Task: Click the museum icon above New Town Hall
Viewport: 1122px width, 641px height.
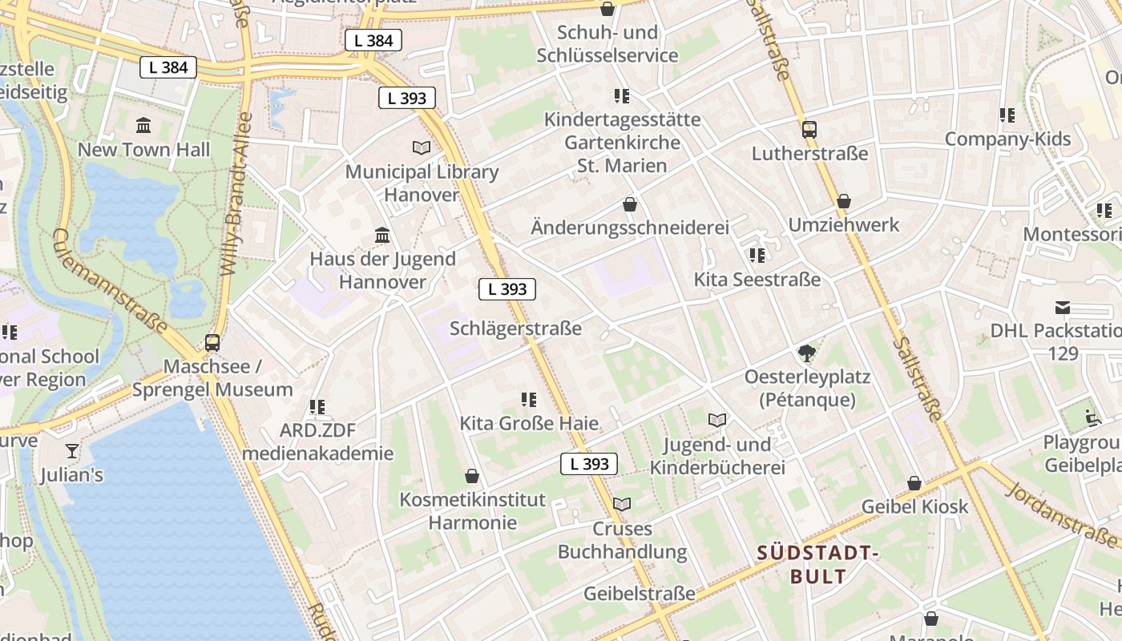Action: [x=143, y=125]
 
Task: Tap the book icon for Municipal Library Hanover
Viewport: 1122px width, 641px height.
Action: [x=422, y=147]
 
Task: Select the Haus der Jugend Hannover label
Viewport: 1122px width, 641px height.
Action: [x=382, y=270]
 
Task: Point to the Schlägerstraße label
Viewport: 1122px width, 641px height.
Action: [x=515, y=329]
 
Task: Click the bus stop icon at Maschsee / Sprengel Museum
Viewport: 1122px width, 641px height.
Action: [x=212, y=342]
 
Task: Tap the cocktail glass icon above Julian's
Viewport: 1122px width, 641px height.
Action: [x=72, y=451]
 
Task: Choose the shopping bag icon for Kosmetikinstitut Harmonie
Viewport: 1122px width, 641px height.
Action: [x=472, y=476]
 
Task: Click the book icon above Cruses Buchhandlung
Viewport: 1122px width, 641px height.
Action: [x=622, y=504]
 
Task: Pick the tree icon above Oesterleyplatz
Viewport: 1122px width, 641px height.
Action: [x=807, y=353]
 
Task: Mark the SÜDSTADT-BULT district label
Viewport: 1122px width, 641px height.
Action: [x=818, y=564]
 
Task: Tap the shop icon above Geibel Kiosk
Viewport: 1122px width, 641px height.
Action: [x=914, y=483]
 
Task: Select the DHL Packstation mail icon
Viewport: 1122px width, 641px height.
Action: [x=1063, y=308]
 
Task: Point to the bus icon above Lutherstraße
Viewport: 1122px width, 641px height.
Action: [x=809, y=129]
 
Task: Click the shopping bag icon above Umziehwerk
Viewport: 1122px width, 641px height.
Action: [x=843, y=201]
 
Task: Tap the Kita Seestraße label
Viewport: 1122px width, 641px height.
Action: [x=757, y=280]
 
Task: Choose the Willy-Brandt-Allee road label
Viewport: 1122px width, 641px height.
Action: [x=237, y=195]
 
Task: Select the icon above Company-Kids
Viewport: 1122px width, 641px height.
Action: [x=1007, y=115]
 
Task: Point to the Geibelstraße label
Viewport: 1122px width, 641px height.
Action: [x=640, y=594]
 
